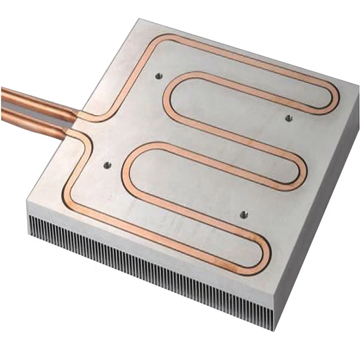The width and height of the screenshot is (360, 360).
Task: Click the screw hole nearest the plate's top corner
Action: pos(158,75)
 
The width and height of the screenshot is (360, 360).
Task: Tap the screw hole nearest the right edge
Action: pos(288,118)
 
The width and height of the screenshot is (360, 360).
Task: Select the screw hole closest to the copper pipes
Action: pos(107,166)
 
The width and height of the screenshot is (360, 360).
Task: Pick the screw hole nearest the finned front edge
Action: pos(244,214)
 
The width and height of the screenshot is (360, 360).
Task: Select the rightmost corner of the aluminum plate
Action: pos(358,86)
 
